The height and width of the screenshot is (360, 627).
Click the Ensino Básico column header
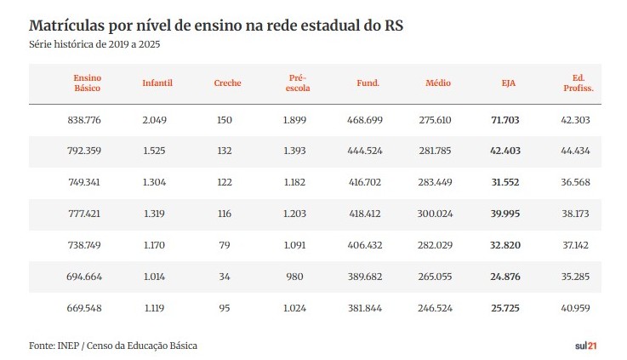click(x=88, y=83)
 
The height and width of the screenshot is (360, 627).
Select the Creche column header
click(x=227, y=83)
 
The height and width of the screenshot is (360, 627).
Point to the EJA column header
click(x=508, y=83)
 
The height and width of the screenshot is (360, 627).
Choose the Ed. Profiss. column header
click(x=578, y=83)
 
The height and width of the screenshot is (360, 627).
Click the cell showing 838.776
click(x=84, y=120)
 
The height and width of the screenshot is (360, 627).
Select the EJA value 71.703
click(x=504, y=120)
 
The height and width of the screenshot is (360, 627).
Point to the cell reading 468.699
click(x=365, y=120)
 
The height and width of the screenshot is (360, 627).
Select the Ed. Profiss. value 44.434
click(x=576, y=151)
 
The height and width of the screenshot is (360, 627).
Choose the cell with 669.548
click(x=84, y=308)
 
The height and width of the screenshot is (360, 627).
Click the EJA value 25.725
click(x=504, y=308)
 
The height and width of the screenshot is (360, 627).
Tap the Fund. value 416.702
click(x=365, y=183)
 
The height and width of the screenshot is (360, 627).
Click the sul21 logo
click(x=586, y=345)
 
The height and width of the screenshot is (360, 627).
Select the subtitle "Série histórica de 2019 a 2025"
click(x=94, y=43)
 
